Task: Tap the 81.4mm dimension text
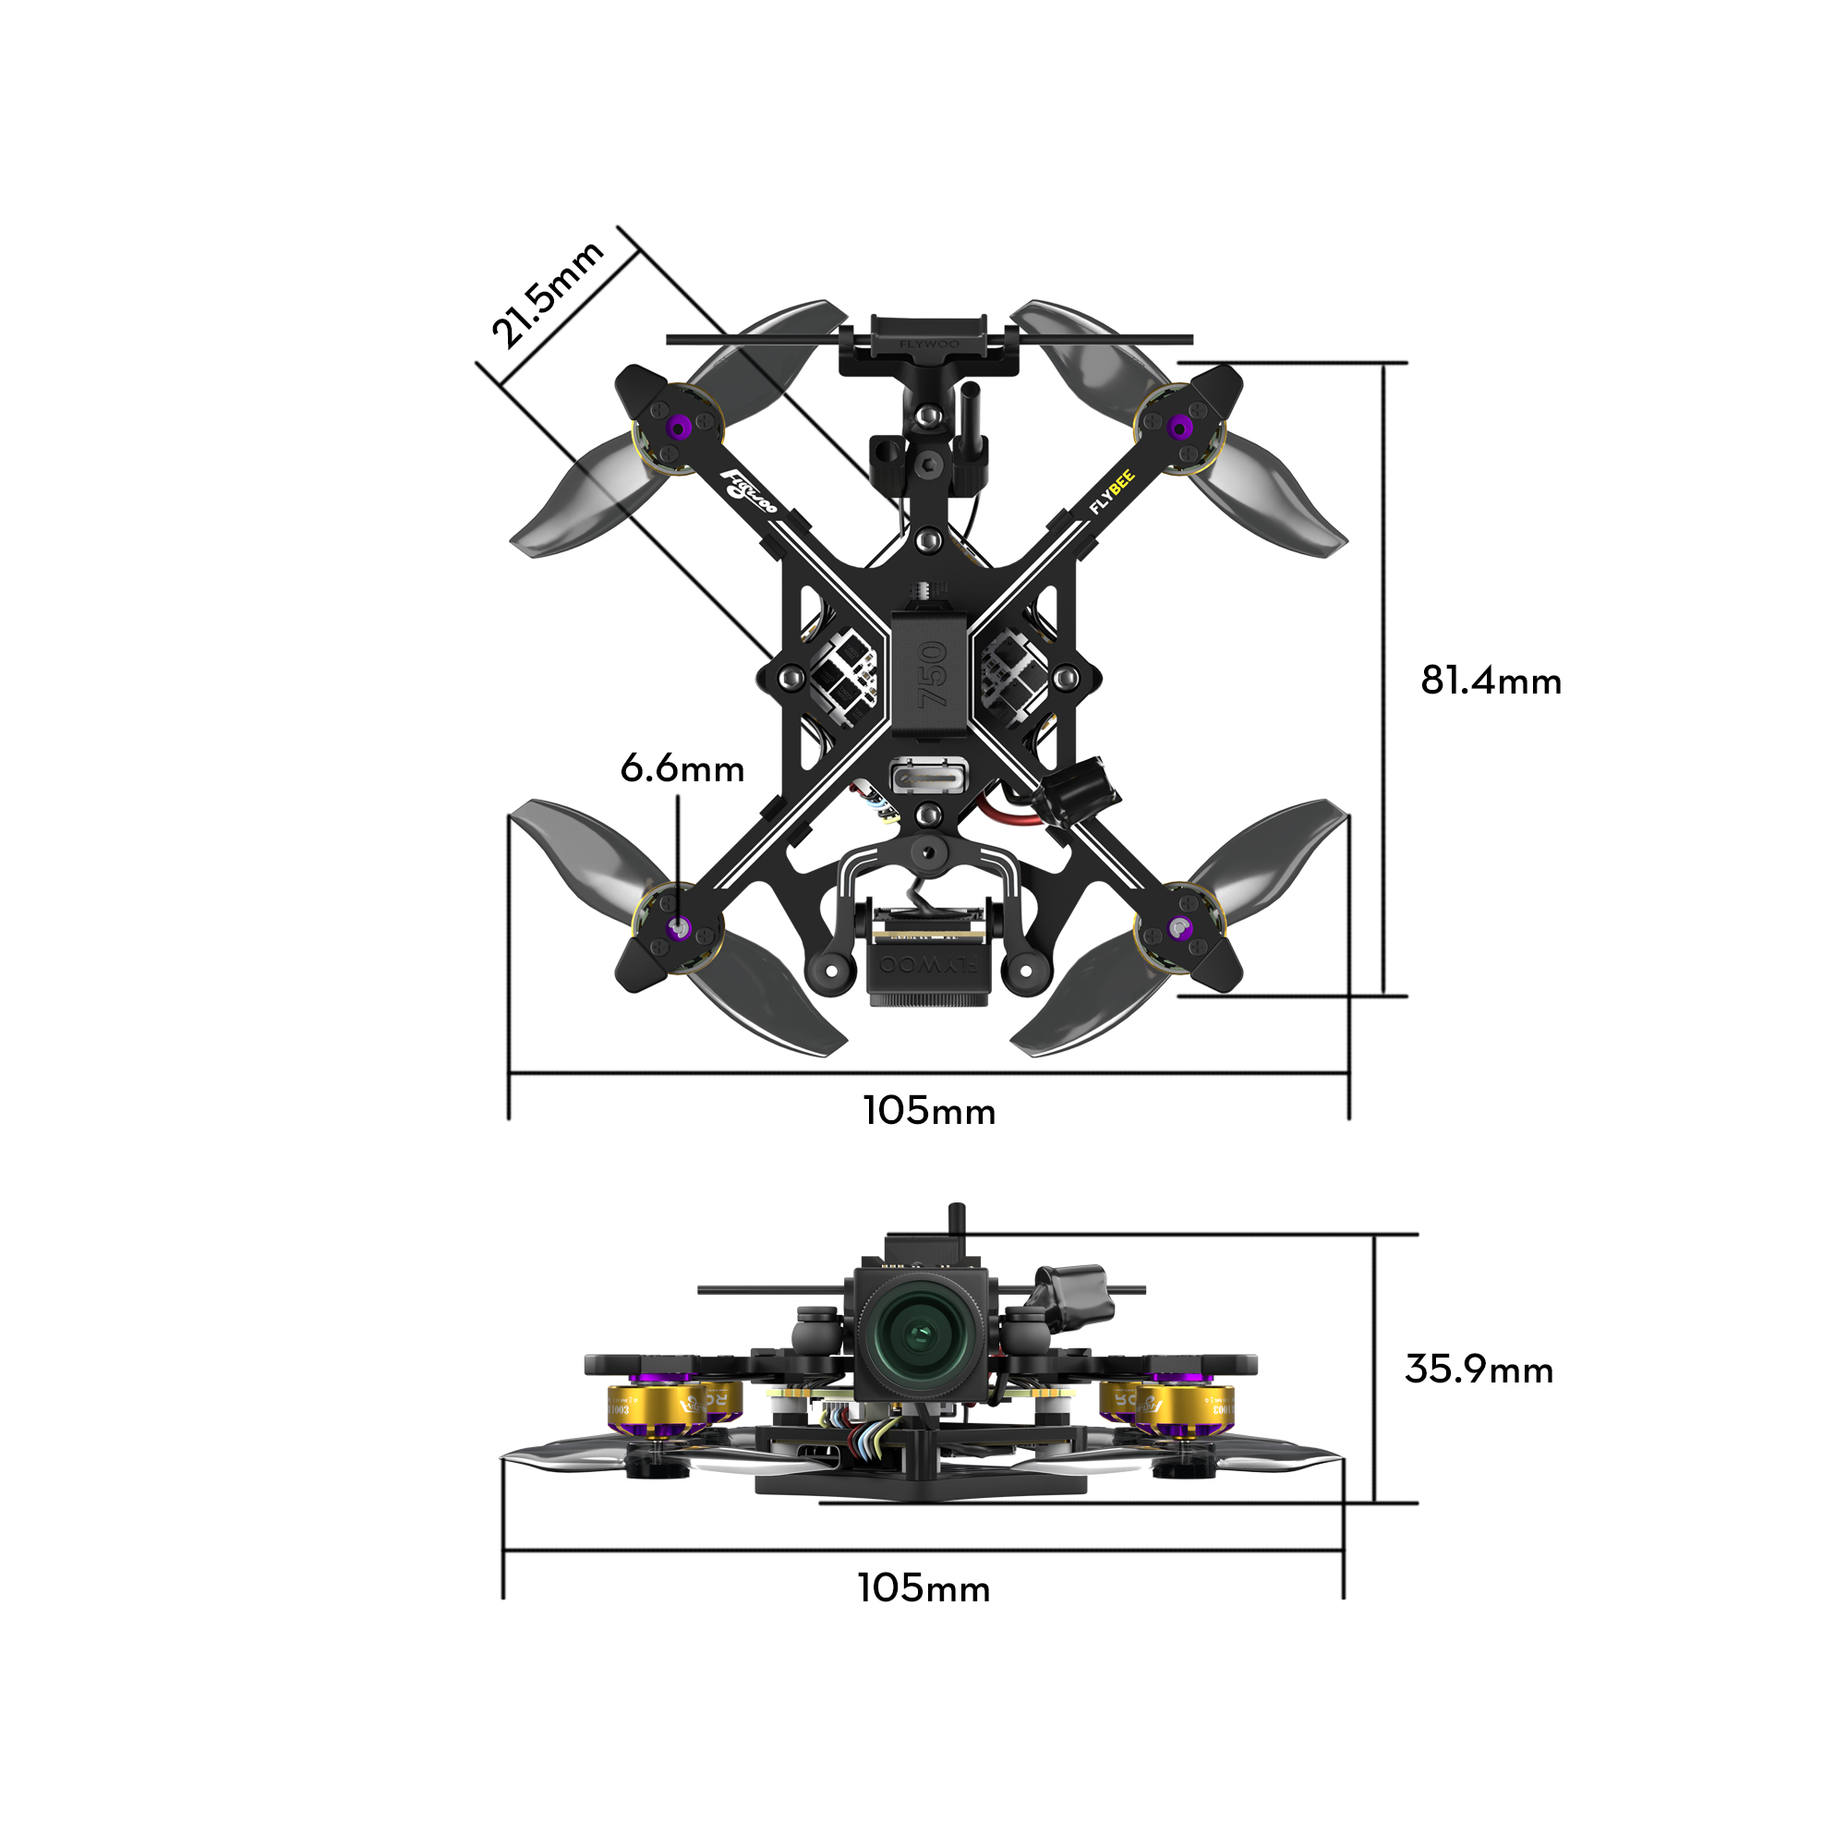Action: [x=1491, y=681]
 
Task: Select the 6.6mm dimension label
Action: [x=682, y=768]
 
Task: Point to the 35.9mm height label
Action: [x=1478, y=1370]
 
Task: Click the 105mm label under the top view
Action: [x=928, y=1111]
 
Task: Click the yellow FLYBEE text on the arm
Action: [x=1113, y=492]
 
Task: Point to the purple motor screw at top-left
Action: [x=678, y=428]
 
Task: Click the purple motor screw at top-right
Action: [x=1180, y=428]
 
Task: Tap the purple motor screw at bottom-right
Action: [x=1180, y=927]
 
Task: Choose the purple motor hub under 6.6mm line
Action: [x=679, y=927]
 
